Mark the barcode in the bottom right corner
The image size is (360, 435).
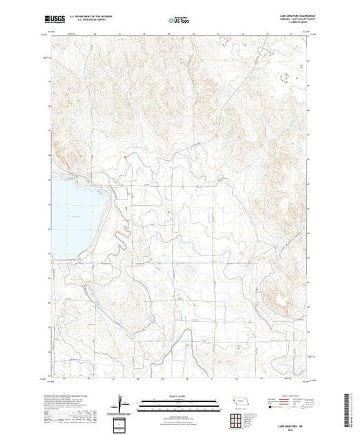coord(350,407)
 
